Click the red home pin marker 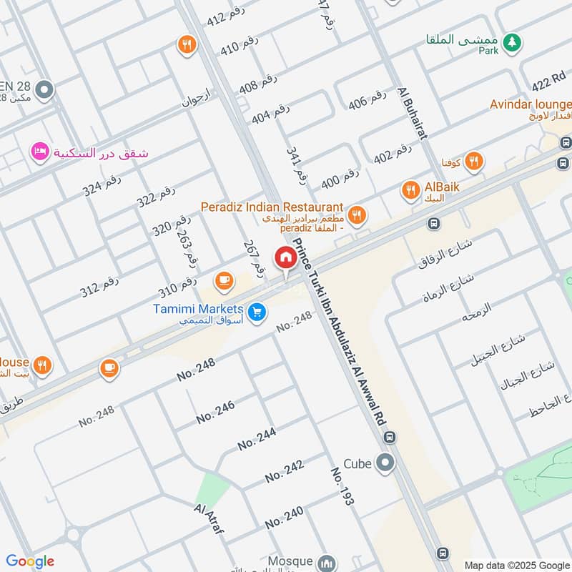285,258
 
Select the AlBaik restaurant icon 410,190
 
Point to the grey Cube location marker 385,463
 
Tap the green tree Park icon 511,44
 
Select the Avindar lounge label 530,104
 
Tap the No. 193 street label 342,487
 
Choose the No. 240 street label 284,518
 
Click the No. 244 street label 257,437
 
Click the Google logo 29,561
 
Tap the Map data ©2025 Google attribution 516,564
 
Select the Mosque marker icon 327,562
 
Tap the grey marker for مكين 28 44,91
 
